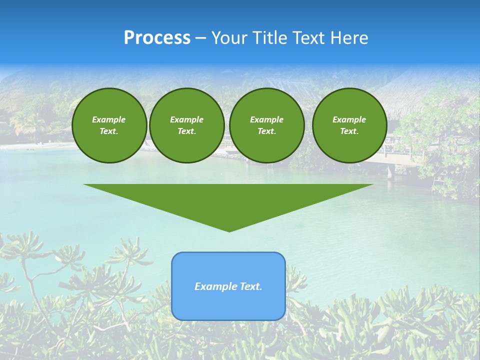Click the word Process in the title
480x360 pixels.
(x=157, y=38)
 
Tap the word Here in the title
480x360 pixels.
(x=349, y=38)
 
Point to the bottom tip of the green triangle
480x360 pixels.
(x=229, y=231)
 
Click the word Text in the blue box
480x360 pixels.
(x=250, y=286)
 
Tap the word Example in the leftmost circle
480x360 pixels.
(x=109, y=119)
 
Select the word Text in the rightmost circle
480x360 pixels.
(x=349, y=131)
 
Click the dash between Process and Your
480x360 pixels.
(x=201, y=38)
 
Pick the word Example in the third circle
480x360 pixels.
(x=266, y=119)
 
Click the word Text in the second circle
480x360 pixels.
(x=187, y=131)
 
